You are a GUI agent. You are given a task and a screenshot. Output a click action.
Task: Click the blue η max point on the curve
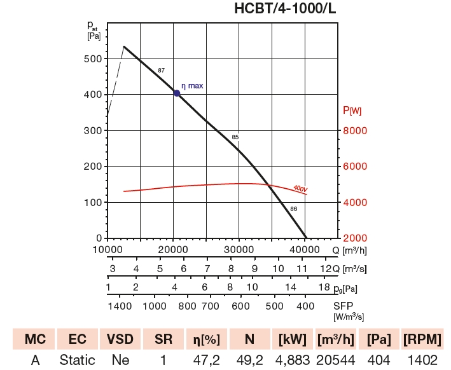click(x=177, y=93)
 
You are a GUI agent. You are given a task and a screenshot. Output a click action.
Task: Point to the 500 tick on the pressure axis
click(x=92, y=58)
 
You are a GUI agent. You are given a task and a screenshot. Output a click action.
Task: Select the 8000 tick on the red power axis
click(x=356, y=130)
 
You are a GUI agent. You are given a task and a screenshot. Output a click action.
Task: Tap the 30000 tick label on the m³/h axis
click(x=239, y=249)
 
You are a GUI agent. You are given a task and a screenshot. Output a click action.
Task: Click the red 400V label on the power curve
click(x=300, y=189)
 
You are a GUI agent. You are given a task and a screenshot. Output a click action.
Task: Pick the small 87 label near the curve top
click(x=161, y=70)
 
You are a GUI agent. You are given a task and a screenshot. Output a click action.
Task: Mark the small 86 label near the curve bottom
click(x=293, y=209)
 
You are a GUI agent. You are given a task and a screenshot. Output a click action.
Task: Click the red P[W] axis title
click(x=352, y=111)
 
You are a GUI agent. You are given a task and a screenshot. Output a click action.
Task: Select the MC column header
click(x=35, y=338)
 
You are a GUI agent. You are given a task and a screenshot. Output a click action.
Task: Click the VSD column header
click(x=120, y=338)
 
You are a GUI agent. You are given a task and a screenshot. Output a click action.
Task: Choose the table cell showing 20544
click(x=335, y=360)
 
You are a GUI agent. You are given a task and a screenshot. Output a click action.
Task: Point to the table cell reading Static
click(x=77, y=360)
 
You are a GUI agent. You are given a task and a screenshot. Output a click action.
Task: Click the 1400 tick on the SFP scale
click(x=120, y=306)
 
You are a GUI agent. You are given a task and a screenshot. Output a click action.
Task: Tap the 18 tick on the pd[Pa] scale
click(x=323, y=287)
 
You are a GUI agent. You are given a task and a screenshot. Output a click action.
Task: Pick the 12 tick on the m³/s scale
click(x=324, y=269)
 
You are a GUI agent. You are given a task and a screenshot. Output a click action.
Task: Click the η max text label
click(x=192, y=85)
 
